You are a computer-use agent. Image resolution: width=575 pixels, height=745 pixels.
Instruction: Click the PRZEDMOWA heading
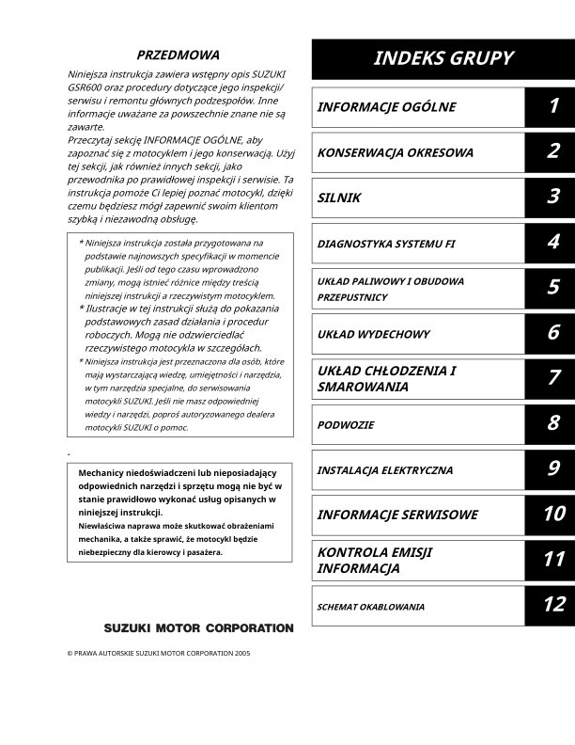pos(179,55)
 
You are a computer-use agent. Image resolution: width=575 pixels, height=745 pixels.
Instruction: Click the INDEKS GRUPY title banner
pos(443,58)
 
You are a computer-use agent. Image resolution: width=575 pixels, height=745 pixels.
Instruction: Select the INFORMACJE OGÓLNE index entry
pos(386,107)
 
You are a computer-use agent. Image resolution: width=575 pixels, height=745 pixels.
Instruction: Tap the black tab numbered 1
pos(552,106)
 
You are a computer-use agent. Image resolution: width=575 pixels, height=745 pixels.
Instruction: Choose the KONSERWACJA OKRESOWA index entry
pos(395,152)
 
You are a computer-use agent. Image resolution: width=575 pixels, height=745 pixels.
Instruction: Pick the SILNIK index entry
pos(338,198)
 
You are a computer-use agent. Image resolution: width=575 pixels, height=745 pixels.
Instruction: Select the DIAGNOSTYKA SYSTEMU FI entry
pos(386,244)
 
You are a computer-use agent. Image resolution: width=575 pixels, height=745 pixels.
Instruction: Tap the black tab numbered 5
pos(552,288)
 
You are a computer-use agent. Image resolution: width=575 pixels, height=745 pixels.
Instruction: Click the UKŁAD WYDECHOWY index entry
pos(373,334)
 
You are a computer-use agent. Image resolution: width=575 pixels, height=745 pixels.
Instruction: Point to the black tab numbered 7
pos(552,378)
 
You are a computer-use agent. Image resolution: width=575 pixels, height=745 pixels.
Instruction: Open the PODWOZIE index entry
pos(345,425)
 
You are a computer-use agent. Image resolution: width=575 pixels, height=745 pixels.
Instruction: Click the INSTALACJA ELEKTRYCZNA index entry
pos(384,470)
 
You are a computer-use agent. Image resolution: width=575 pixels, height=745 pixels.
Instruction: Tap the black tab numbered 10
pos(552,514)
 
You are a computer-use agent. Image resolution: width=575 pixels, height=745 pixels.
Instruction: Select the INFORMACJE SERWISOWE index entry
pos(396,515)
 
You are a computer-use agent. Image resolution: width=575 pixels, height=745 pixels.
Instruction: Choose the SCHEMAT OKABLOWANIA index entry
pos(370,607)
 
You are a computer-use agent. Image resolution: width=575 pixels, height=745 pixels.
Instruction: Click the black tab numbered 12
pos(552,605)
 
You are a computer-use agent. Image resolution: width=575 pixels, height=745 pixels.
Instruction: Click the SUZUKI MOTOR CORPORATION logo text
pos(198,627)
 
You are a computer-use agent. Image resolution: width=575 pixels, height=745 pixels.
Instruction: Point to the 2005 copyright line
pos(159,652)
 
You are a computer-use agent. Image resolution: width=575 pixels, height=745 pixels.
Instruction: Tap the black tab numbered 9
pos(552,469)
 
